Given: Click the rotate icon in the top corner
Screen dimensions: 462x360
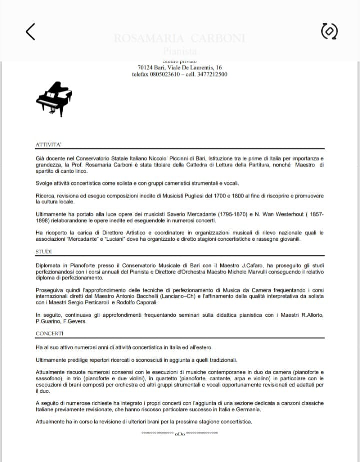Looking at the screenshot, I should tap(329, 32).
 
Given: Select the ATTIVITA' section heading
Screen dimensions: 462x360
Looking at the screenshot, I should tap(48, 144).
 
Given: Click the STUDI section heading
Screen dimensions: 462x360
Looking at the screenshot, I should tap(44, 252).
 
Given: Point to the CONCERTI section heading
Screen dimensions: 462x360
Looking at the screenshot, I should tap(49, 333).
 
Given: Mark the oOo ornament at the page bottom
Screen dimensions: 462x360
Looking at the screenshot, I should tap(180, 433).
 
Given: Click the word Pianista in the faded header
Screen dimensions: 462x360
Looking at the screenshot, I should tap(180, 51).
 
